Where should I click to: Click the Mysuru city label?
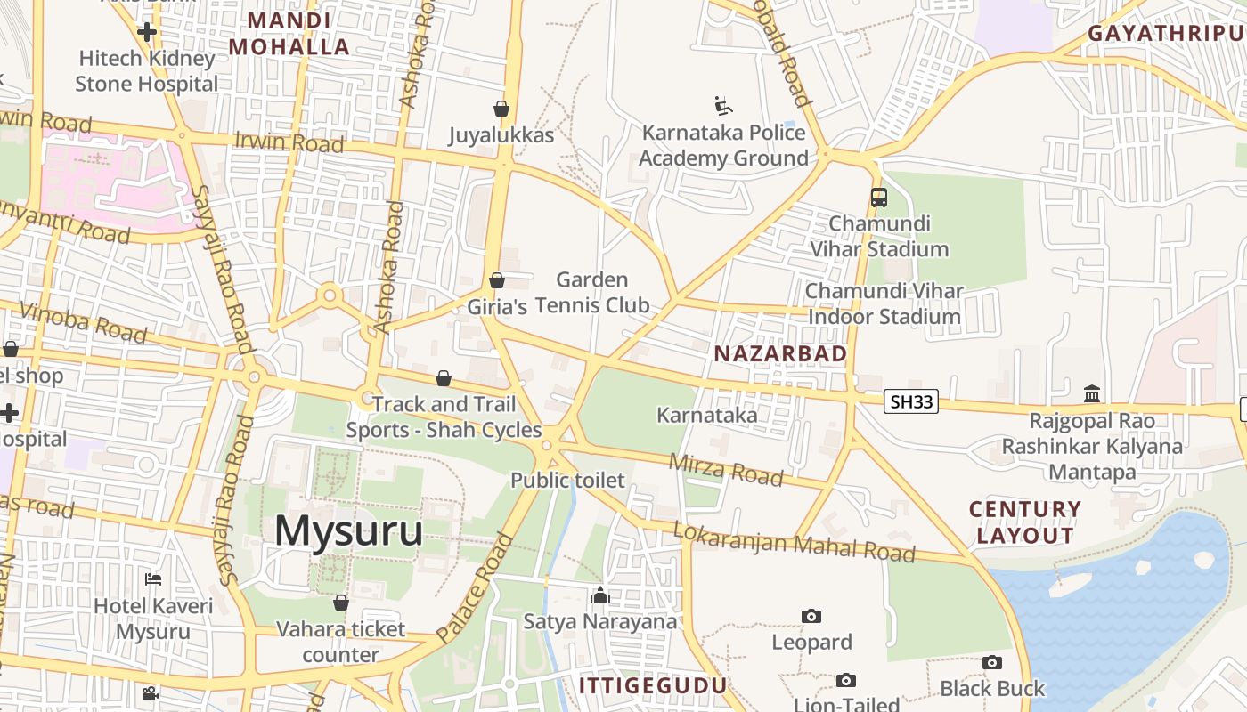point(348,531)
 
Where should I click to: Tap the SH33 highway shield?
point(912,401)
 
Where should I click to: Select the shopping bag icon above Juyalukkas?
point(501,109)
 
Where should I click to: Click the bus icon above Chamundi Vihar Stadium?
point(879,197)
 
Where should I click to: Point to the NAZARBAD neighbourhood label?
point(780,353)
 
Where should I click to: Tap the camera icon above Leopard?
point(811,616)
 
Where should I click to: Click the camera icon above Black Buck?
point(992,662)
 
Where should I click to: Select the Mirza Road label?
point(725,469)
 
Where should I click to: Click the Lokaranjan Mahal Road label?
point(794,542)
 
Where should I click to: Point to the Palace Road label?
point(477,587)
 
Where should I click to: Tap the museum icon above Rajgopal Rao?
point(1092,393)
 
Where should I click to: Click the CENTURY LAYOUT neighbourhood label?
point(1025,522)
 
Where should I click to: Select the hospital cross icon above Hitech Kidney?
point(147,32)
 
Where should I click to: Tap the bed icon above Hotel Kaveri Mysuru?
point(153,579)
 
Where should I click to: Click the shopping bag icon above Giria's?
point(497,281)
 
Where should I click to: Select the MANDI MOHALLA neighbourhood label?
point(289,34)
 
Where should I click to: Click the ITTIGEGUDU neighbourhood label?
point(653,685)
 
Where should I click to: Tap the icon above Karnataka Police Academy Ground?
point(723,107)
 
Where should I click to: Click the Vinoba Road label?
point(83,321)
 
